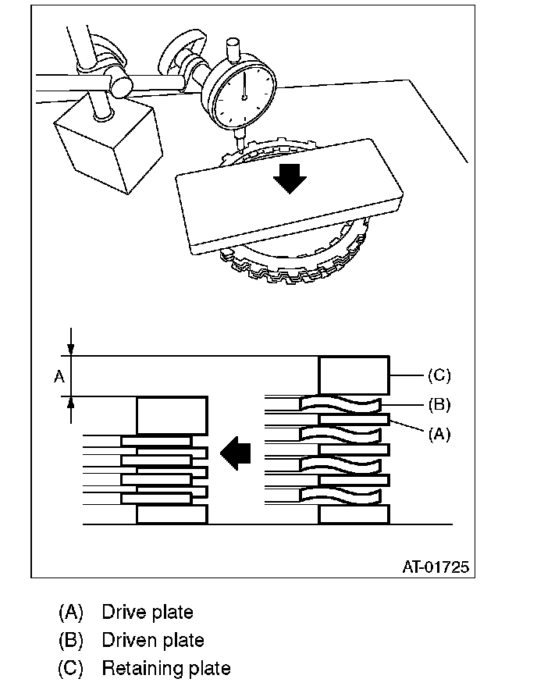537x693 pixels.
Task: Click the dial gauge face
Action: [x=244, y=94]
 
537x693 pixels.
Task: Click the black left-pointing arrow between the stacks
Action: [x=236, y=452]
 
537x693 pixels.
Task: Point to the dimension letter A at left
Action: [x=58, y=377]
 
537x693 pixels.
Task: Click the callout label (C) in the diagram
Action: [x=439, y=375]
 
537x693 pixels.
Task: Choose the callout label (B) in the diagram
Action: [x=439, y=404]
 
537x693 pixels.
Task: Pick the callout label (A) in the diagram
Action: [x=439, y=434]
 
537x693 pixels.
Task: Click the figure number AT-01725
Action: [x=436, y=567]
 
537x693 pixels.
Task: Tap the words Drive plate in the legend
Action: [x=147, y=612]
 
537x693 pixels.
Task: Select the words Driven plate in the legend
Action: [x=153, y=641]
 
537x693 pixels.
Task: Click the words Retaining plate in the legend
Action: [x=166, y=669]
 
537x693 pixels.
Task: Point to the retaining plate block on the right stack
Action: [x=354, y=375]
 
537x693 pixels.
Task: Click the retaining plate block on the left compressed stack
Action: [x=172, y=415]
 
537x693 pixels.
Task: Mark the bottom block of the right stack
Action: [x=354, y=514]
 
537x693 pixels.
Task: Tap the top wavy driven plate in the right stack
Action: [x=342, y=403]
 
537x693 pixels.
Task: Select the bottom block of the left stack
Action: [x=172, y=514]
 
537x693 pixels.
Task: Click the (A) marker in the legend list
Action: [x=71, y=612]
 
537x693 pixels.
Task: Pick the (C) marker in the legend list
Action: [x=71, y=669]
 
